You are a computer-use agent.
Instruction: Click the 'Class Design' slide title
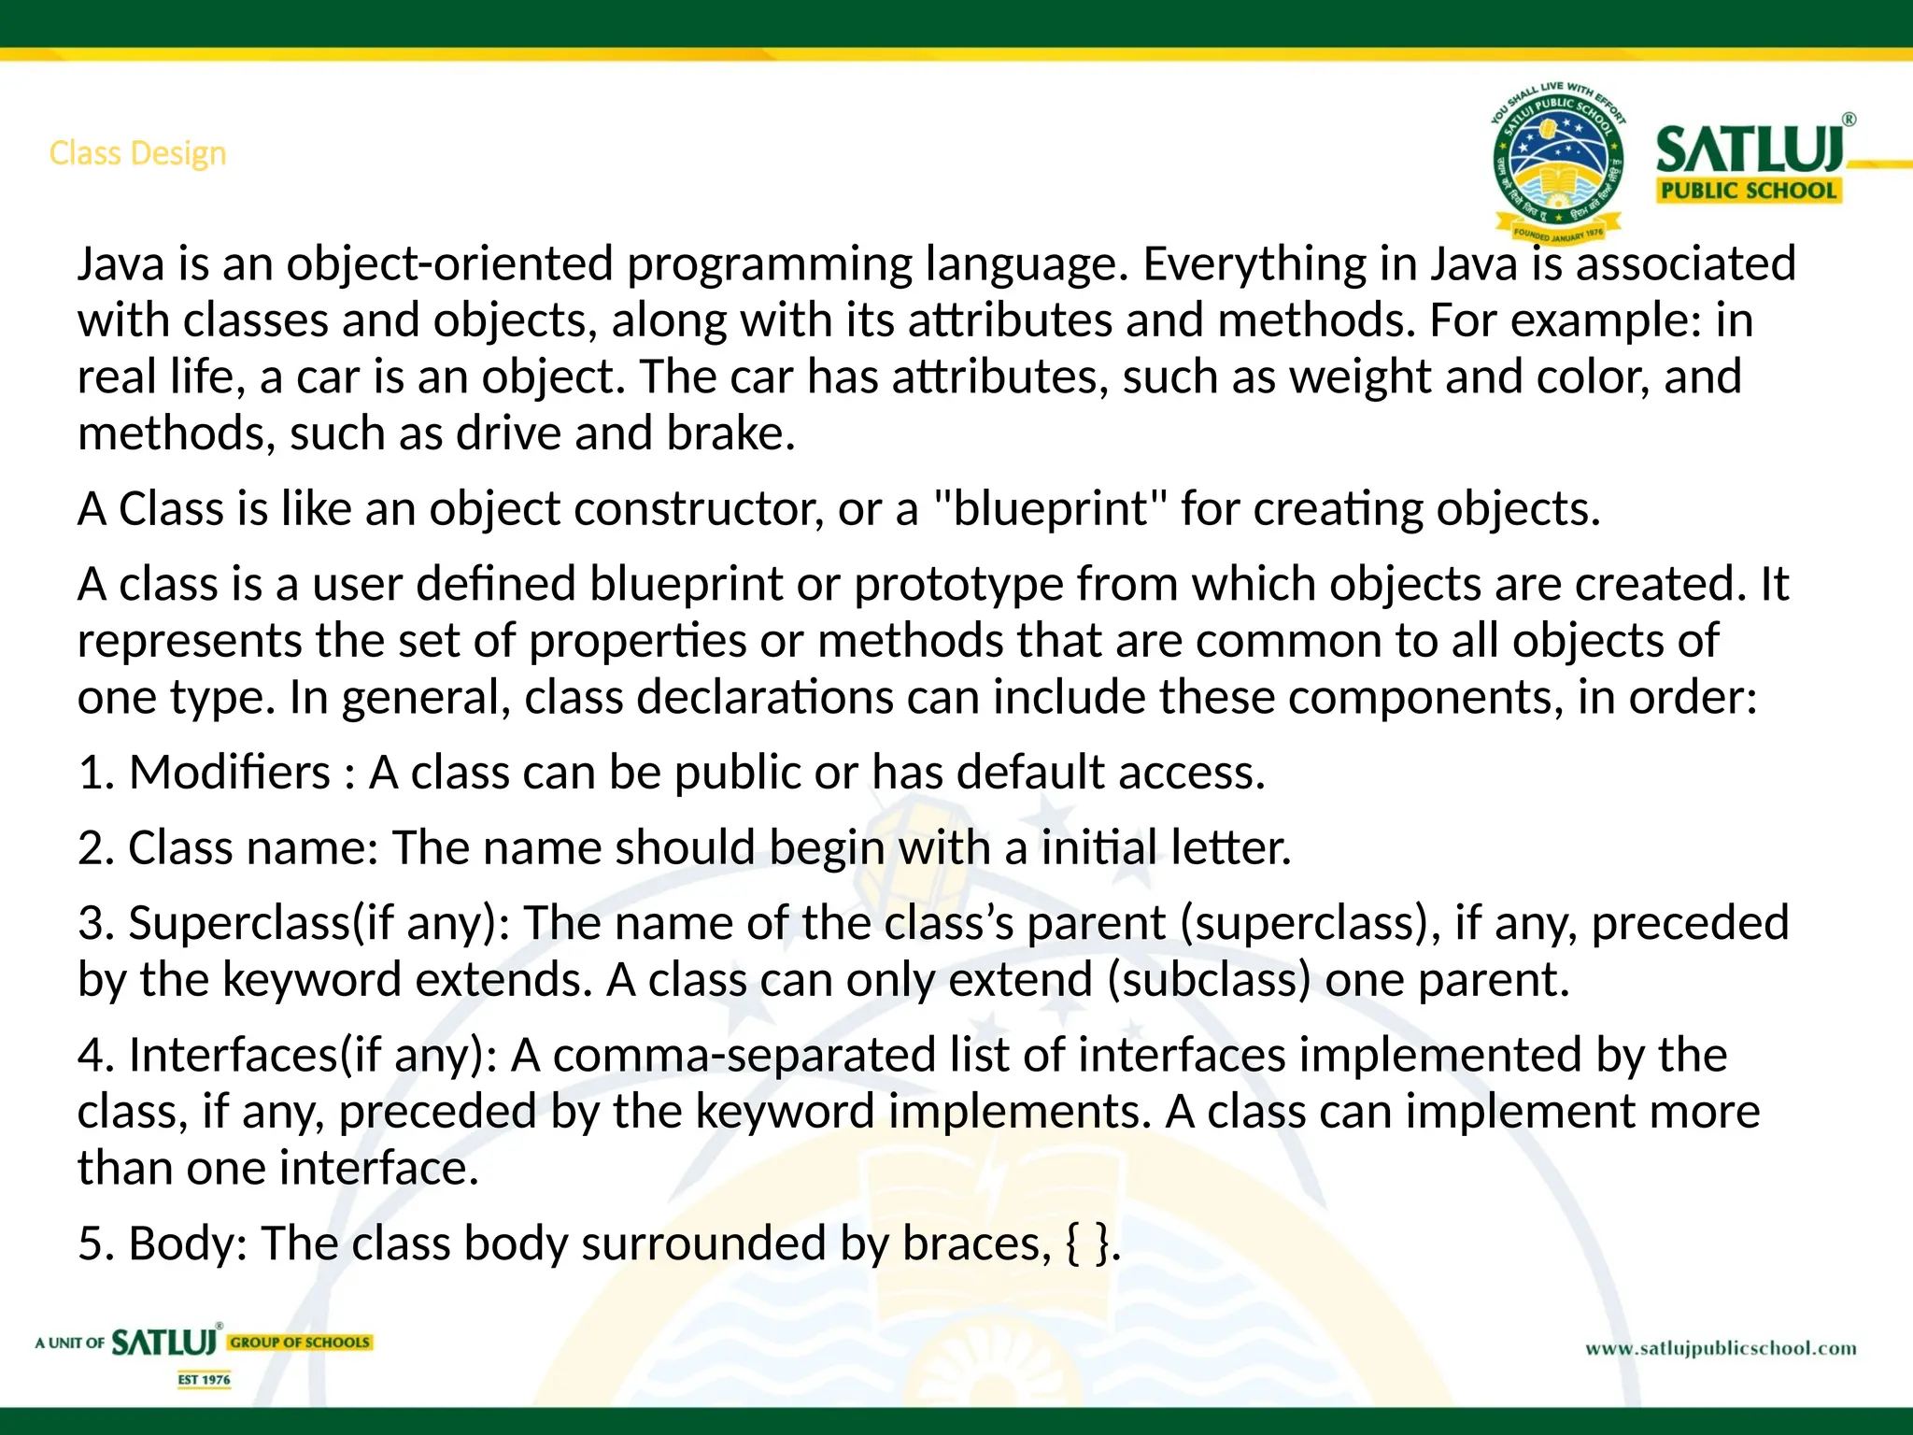(137, 153)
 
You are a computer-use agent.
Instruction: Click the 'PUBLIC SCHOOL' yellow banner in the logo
(1748, 191)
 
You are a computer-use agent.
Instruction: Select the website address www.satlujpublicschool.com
(1721, 1348)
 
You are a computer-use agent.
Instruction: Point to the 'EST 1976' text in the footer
(204, 1380)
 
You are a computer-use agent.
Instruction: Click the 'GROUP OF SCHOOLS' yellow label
(300, 1343)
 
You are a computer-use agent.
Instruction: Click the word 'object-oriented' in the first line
(449, 264)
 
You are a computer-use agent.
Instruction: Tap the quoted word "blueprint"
(1050, 510)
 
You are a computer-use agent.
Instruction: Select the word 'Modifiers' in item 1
(230, 774)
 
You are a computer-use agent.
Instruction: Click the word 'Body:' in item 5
(188, 1244)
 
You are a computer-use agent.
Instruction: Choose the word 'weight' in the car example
(1360, 378)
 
